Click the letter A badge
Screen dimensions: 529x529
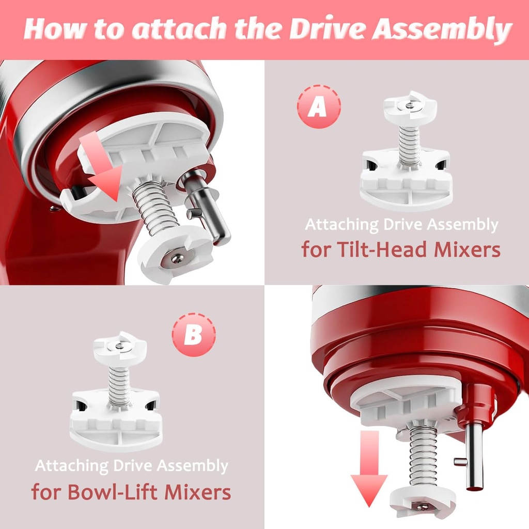[x=319, y=106]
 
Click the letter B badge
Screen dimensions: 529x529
[x=194, y=334]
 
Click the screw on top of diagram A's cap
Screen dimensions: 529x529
[x=410, y=105]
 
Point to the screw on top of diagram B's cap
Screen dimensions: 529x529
[x=119, y=346]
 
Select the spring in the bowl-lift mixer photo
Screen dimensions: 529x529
[x=424, y=455]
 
